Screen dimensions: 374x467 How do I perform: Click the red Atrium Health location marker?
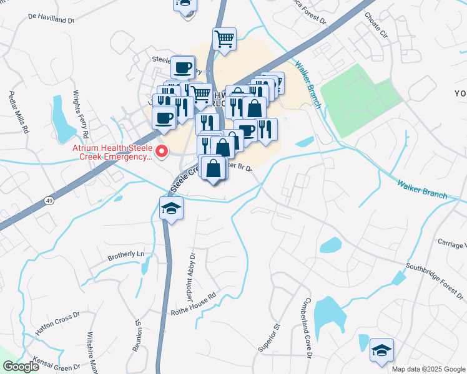(162, 151)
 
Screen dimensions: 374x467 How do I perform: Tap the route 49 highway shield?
(49, 199)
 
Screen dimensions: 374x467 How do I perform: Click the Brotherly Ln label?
(125, 255)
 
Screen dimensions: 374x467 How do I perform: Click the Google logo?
(21, 367)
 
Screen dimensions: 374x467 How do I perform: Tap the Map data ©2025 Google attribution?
(428, 369)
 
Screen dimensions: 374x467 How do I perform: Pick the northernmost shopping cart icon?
(225, 39)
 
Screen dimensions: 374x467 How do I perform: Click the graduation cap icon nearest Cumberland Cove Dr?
(381, 350)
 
